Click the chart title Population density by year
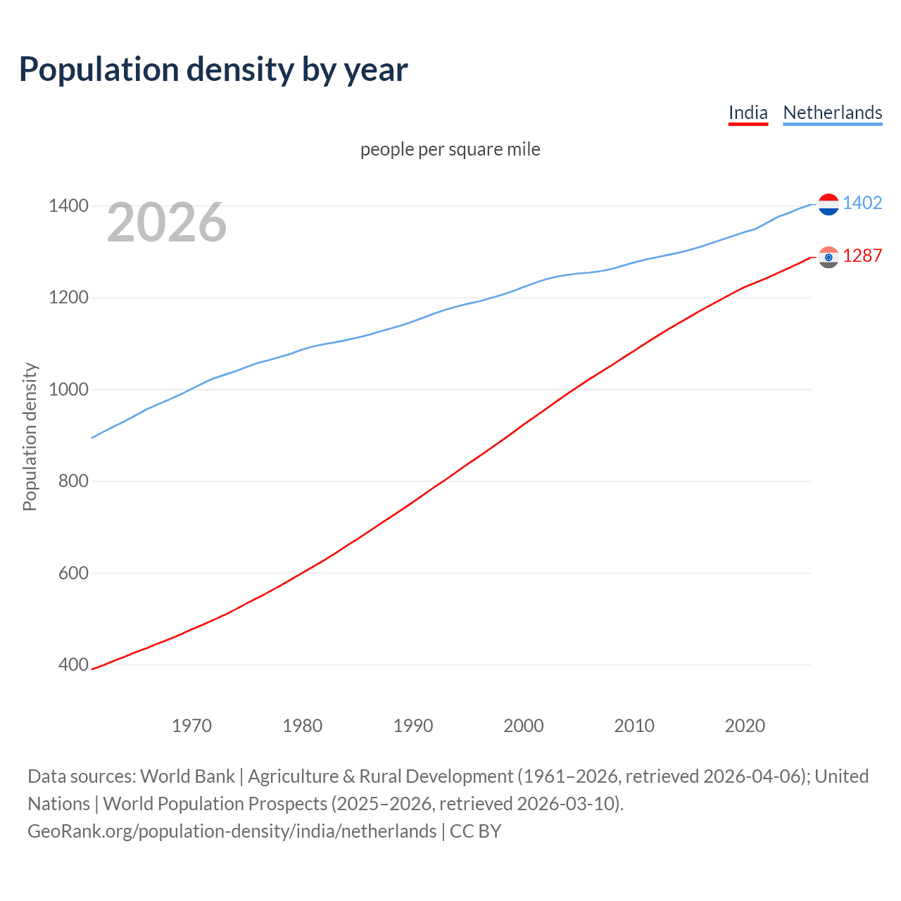[213, 70]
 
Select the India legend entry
[748, 113]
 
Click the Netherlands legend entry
[832, 113]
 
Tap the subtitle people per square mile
[450, 149]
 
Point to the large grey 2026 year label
[167, 222]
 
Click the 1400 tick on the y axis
[68, 206]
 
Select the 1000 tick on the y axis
[68, 389]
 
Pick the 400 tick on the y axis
[73, 664]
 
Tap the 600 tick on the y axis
[73, 573]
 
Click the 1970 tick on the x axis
[191, 726]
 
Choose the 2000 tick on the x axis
[523, 726]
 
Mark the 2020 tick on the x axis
[745, 726]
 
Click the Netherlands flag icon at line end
[828, 204]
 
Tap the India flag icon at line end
[828, 257]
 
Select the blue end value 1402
[862, 203]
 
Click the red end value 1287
[862, 256]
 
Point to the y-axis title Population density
[30, 436]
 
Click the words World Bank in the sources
[187, 776]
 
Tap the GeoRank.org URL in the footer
[232, 831]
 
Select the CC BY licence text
[475, 831]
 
